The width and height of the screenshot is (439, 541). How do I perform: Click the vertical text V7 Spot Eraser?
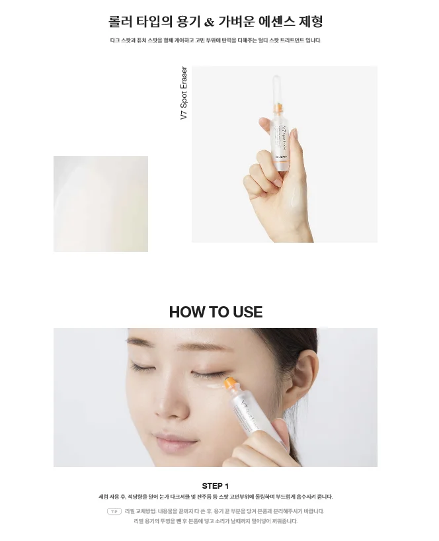(184, 93)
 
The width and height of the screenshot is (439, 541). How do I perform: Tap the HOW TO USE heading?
(216, 312)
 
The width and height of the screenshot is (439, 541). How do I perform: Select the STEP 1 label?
(216, 485)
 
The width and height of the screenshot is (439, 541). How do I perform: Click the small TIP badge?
(114, 511)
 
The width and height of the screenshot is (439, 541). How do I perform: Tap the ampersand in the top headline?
(209, 22)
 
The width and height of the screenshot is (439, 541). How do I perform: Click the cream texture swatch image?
(100, 204)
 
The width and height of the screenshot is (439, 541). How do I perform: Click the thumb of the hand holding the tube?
(255, 177)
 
